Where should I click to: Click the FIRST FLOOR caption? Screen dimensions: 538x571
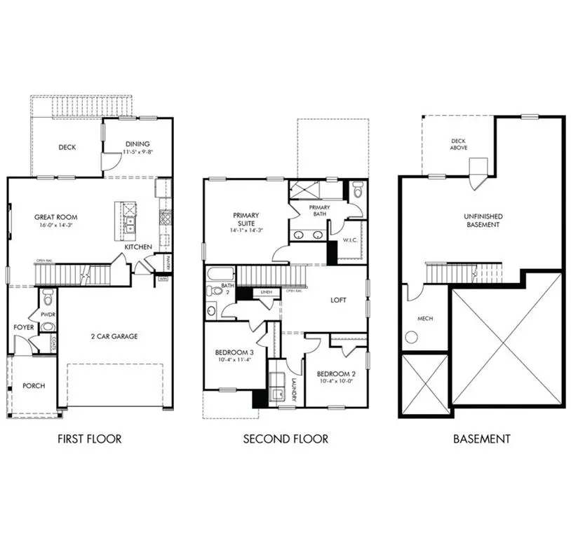coord(88,439)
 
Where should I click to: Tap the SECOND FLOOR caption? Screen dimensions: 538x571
coord(285,439)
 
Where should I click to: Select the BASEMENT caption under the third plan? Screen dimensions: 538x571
coord(481,439)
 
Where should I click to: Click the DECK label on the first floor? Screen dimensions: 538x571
coord(67,147)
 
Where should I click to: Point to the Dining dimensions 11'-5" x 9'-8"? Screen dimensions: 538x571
coord(137,152)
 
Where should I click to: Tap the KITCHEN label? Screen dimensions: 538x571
coord(138,247)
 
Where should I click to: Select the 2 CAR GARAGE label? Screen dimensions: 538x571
coord(114,336)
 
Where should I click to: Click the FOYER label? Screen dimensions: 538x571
coord(23,327)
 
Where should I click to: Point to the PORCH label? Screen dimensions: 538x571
coord(33,385)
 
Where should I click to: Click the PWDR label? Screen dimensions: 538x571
coord(48,315)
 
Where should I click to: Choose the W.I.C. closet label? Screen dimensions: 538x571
coord(350,241)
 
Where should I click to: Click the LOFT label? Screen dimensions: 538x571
coord(340,299)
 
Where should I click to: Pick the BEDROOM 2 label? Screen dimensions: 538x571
coord(332,373)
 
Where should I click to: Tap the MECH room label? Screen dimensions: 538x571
coord(425,319)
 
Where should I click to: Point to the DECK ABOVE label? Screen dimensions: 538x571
coord(458,144)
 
